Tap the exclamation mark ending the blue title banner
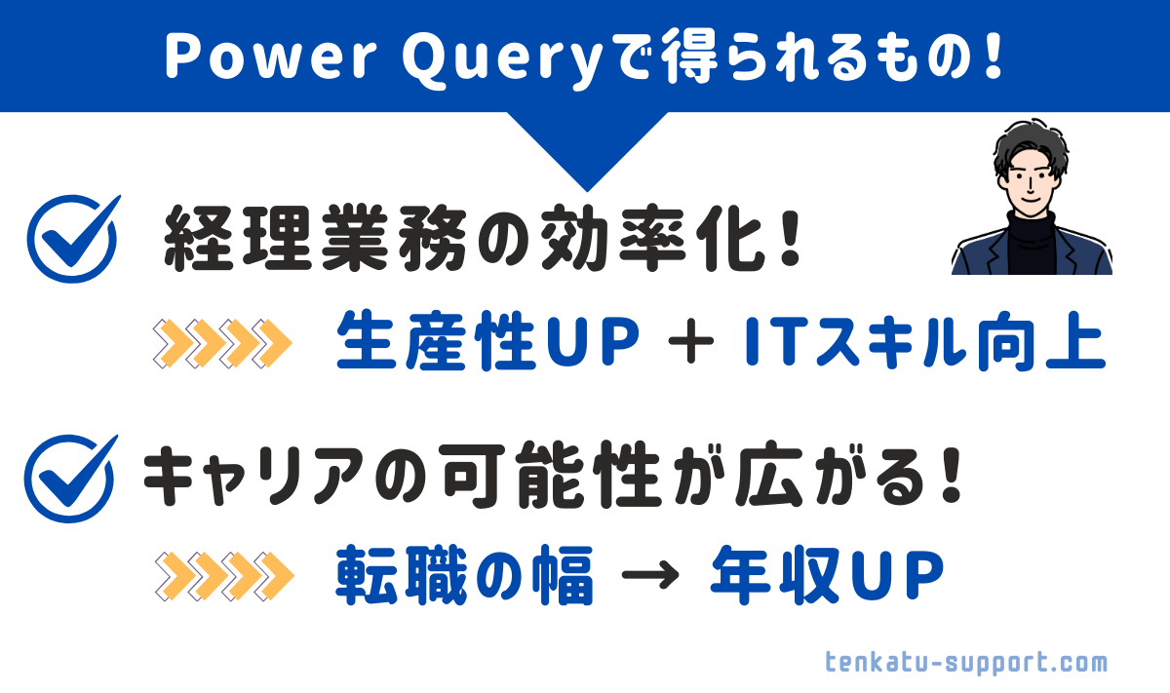coord(993,56)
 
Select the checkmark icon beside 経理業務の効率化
coord(73,239)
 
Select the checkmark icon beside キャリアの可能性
coord(70,478)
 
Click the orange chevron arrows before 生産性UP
coord(222,343)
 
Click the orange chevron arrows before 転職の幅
coord(224,575)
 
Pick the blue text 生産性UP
coord(487,340)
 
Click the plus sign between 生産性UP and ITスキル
coord(691,341)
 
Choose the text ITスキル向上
coord(924,340)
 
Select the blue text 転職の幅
coord(464,575)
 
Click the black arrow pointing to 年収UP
coord(650,575)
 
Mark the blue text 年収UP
coord(828,575)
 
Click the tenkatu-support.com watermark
coord(966,663)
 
